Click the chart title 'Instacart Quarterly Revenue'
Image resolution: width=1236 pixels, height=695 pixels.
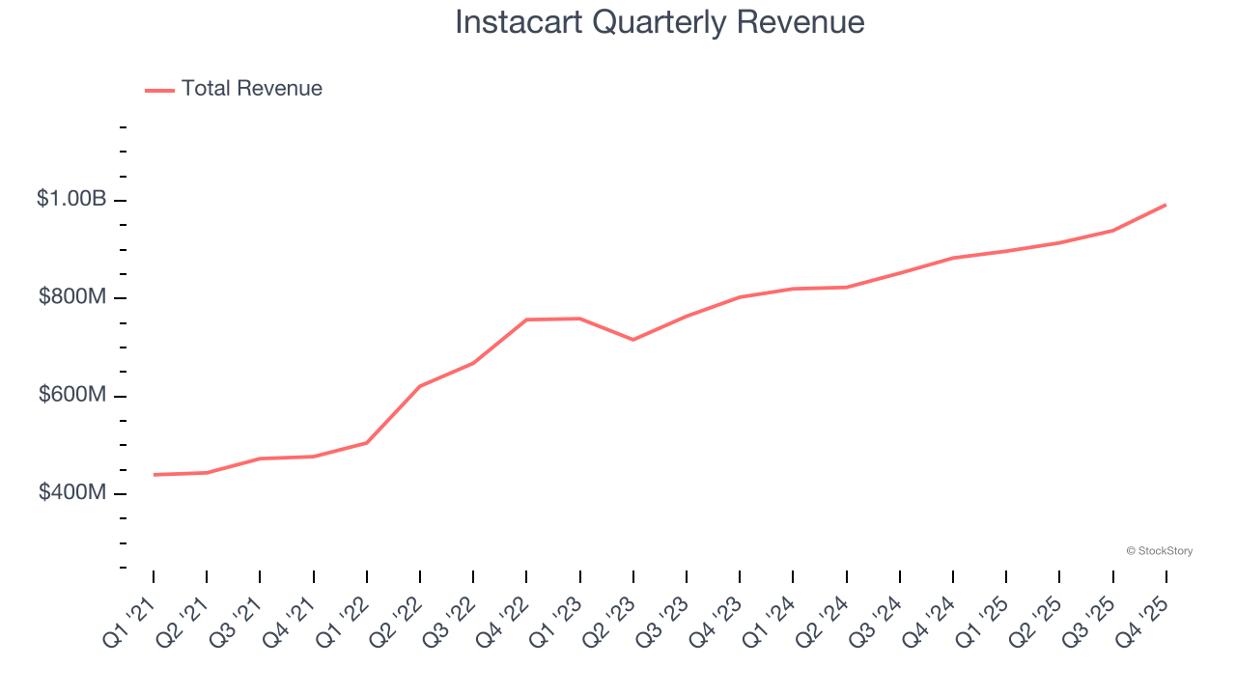[660, 22]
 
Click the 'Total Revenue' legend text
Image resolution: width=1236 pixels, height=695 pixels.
[251, 89]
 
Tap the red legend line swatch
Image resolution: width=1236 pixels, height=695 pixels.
[159, 90]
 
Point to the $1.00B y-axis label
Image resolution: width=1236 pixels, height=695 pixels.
[71, 199]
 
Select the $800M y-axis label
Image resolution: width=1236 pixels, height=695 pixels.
[72, 297]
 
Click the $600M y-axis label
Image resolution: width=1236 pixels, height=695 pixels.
[72, 396]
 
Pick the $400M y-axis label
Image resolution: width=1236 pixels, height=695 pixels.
[72, 493]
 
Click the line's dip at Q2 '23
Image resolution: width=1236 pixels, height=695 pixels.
[633, 340]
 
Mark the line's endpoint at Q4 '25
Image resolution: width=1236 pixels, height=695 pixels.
[1166, 205]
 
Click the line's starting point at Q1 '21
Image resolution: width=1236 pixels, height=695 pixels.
[154, 475]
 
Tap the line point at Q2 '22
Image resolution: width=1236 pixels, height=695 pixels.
[420, 386]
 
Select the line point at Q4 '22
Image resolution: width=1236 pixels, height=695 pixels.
[526, 320]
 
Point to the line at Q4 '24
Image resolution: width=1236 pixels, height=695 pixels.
[953, 258]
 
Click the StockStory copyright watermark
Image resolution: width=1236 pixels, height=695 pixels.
[1159, 551]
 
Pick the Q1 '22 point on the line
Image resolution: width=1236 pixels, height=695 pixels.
[367, 443]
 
